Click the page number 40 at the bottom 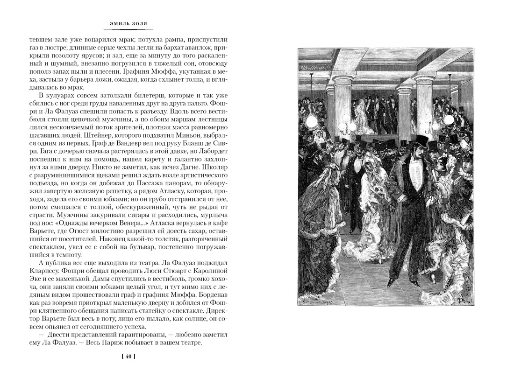click(x=128, y=357)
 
